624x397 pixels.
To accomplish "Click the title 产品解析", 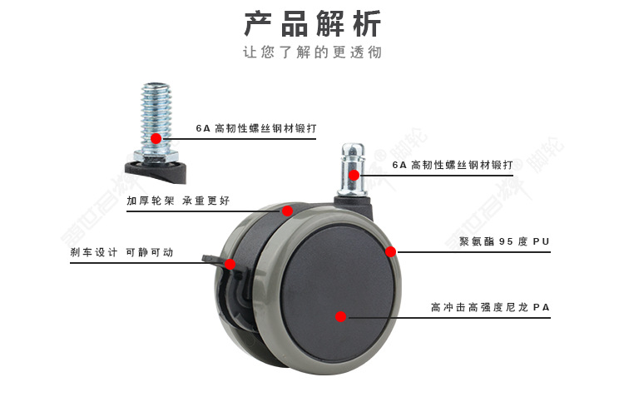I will [312, 23].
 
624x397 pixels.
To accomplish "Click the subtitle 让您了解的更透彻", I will [312, 52].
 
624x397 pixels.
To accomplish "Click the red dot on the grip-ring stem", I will [354, 175].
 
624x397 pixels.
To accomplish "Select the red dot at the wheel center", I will [340, 316].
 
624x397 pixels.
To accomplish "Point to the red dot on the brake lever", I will [230, 264].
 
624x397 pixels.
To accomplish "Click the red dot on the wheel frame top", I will [287, 211].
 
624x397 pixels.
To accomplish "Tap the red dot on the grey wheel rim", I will [389, 251].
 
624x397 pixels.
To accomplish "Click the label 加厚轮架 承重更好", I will [178, 201].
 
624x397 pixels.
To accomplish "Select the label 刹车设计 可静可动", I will [121, 252].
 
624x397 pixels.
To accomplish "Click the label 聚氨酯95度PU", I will [504, 242].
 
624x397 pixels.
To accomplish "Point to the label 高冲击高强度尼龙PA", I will [490, 307].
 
